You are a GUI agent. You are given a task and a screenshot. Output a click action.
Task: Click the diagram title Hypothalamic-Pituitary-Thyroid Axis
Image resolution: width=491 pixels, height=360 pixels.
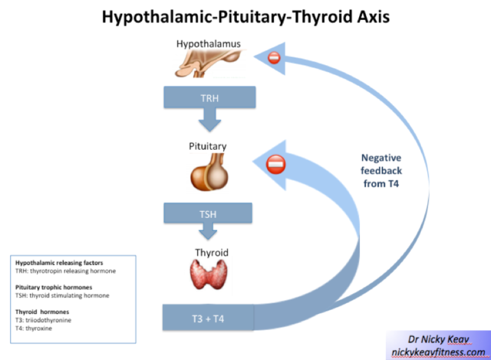[x=246, y=15]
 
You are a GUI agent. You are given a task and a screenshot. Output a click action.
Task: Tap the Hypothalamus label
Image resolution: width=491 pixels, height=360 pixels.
[x=208, y=44]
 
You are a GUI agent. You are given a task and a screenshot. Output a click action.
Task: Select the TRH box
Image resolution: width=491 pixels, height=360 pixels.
[x=209, y=97]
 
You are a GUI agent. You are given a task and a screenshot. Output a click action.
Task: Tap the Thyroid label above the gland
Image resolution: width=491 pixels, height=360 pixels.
[x=208, y=251]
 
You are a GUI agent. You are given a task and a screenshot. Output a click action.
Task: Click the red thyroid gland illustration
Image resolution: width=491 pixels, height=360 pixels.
[x=208, y=278]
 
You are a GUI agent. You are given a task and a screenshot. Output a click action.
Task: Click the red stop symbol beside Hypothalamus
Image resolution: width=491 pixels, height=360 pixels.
[x=273, y=58]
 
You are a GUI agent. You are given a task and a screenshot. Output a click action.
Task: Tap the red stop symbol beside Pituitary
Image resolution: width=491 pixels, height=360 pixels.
[x=275, y=164]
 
